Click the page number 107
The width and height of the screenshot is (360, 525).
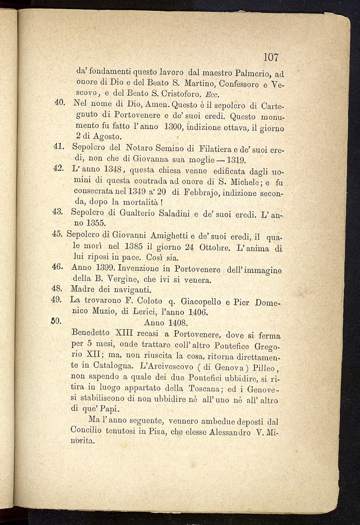[270, 57]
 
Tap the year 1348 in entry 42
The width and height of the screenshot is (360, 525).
[113, 170]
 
